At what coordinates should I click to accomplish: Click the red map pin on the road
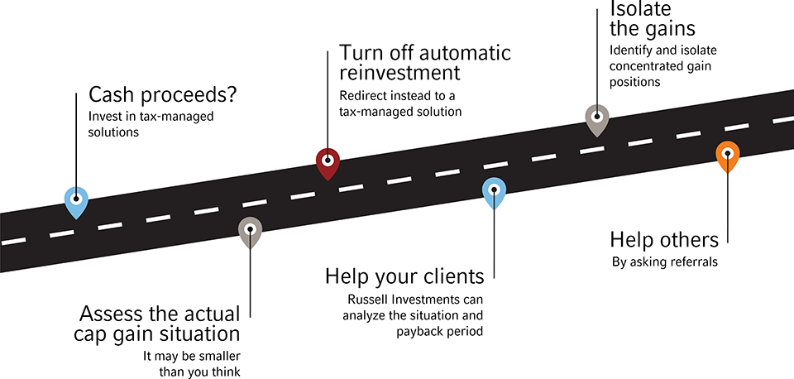(328, 162)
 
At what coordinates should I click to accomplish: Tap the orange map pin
(727, 155)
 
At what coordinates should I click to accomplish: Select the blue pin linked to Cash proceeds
(76, 200)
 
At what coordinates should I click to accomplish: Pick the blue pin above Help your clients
(494, 191)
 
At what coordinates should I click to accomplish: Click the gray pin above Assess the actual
(251, 231)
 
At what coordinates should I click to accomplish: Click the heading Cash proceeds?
(163, 94)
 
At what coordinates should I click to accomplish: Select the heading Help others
(664, 240)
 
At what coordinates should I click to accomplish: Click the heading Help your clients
(404, 276)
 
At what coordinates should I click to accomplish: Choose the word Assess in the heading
(116, 314)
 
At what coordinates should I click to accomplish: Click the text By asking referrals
(664, 262)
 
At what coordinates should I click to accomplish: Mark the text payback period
(438, 331)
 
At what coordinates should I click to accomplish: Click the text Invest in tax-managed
(151, 117)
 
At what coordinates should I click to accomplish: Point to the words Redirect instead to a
(398, 96)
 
